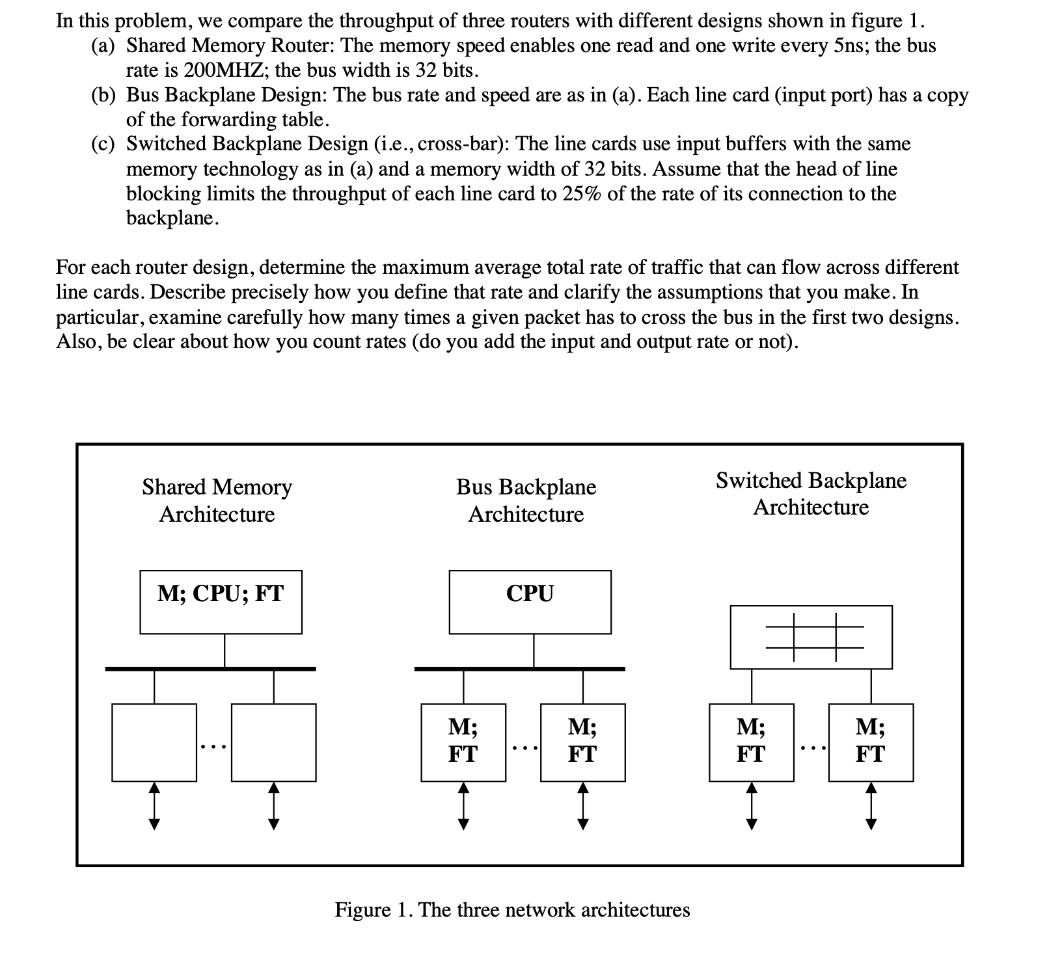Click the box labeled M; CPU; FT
pyautogui.click(x=221, y=601)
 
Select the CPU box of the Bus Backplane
pyautogui.click(x=530, y=601)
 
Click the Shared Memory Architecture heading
pyautogui.click(x=217, y=500)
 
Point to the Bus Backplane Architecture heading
pyautogui.click(x=526, y=500)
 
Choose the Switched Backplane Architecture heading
pyautogui.click(x=811, y=494)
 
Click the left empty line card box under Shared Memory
pyautogui.click(x=154, y=742)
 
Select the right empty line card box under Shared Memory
pyautogui.click(x=273, y=742)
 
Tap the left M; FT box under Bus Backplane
pyautogui.click(x=463, y=742)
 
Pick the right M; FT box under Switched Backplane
pyautogui.click(x=871, y=742)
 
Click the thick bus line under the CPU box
pyautogui.click(x=519, y=668)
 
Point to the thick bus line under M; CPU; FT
pyautogui.click(x=210, y=668)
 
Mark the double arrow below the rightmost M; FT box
pyautogui.click(x=871, y=806)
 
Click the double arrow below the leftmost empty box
pyautogui.click(x=154, y=806)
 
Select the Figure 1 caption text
pyautogui.click(x=512, y=909)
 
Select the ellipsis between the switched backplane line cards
pyautogui.click(x=811, y=749)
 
